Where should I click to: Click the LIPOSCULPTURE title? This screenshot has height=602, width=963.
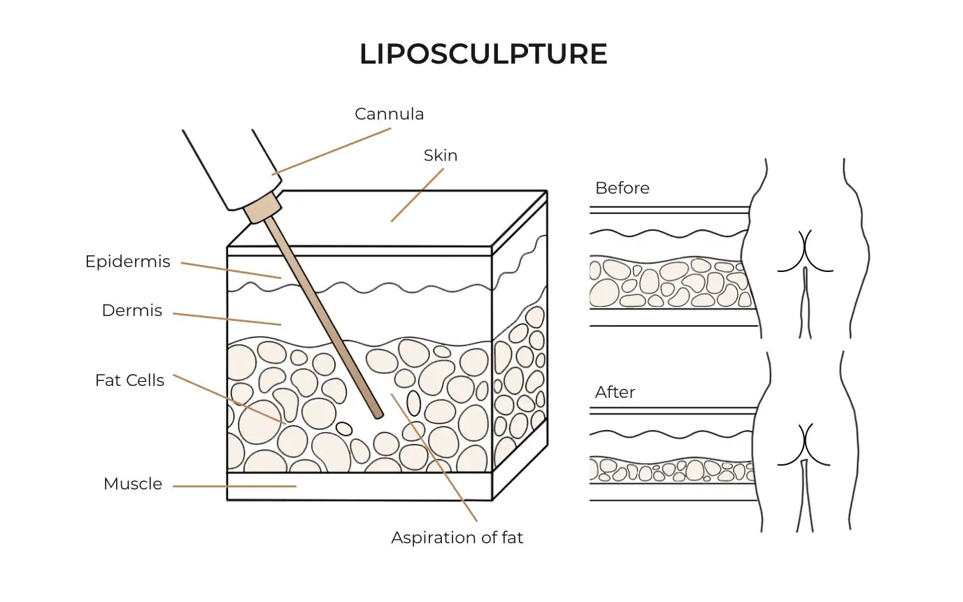[x=483, y=55]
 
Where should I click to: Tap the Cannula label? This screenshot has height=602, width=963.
[x=389, y=113]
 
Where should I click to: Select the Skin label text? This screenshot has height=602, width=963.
[x=441, y=155]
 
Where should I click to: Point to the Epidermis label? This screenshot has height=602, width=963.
[x=127, y=261]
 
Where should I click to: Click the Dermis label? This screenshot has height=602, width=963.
[x=132, y=310]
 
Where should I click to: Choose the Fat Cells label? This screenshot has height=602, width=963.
[x=129, y=380]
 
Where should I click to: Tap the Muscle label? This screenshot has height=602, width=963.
[x=132, y=484]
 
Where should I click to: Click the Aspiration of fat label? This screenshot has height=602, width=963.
[x=457, y=538]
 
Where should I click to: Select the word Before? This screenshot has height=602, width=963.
[x=622, y=188]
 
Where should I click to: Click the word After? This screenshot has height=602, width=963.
[x=615, y=392]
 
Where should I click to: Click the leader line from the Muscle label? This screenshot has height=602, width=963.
[x=234, y=486]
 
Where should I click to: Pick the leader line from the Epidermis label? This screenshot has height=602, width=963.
[x=231, y=271]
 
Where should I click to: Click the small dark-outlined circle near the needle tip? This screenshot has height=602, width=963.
[x=343, y=428]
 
